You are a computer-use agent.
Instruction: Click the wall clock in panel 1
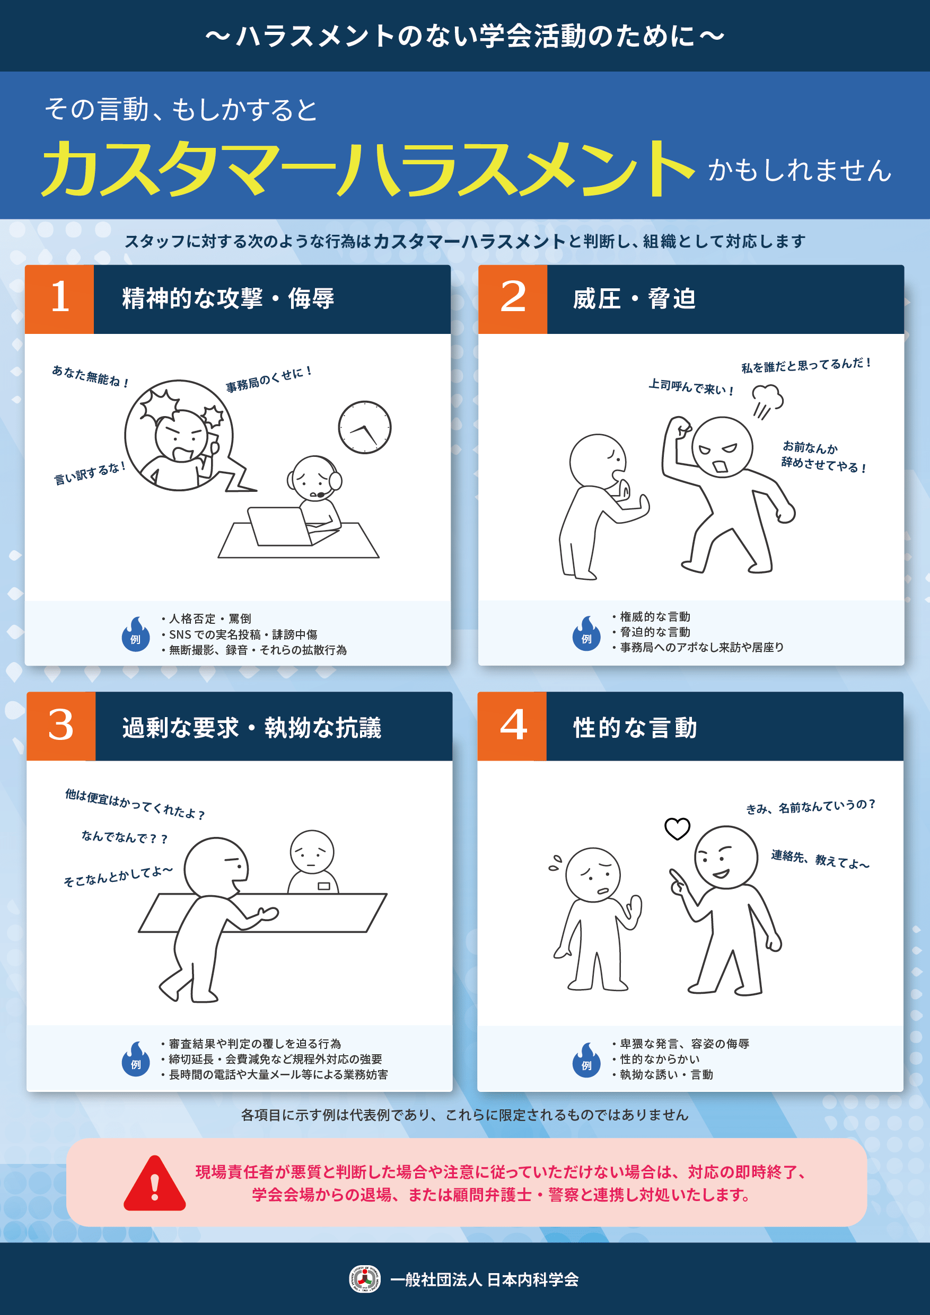point(364,427)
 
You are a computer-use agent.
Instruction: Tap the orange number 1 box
point(59,299)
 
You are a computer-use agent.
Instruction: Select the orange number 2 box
point(512,299)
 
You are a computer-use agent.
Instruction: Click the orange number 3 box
point(61,726)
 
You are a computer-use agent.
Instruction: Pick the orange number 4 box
point(512,726)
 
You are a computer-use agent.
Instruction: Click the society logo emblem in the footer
point(365,1279)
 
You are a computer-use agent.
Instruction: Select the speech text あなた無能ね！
point(90,376)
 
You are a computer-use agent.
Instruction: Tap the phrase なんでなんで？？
point(125,837)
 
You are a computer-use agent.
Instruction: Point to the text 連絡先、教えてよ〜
point(820,859)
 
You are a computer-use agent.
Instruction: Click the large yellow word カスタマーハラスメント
point(368,169)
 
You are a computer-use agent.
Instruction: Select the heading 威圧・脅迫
point(634,299)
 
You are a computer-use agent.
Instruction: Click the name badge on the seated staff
point(324,886)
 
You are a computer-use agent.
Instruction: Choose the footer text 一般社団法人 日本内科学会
point(484,1279)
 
